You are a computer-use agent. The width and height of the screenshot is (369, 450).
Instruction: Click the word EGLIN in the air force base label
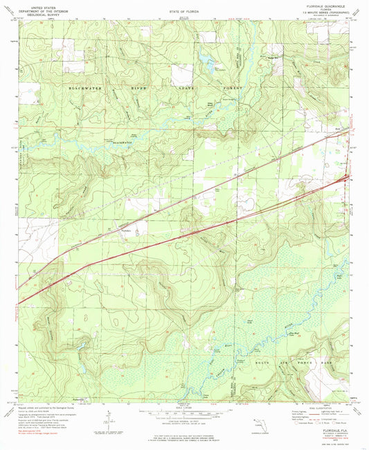pyautogui.click(x=259, y=355)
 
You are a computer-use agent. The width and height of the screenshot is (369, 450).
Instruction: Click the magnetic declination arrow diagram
pyautogui.click(x=105, y=421)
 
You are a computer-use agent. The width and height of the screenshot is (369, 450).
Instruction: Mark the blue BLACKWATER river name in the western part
pyautogui.click(x=119, y=143)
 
